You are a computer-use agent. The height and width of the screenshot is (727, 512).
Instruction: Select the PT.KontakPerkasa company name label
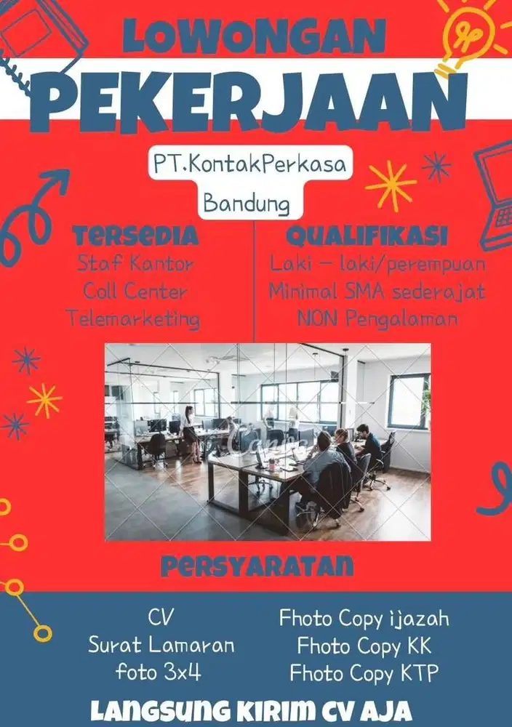247,165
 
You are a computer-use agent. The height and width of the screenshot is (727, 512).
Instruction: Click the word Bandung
247,201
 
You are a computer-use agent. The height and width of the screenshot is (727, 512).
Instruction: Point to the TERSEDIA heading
136,236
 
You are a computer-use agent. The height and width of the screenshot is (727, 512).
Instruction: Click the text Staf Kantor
136,263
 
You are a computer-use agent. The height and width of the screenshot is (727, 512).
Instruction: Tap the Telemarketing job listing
133,318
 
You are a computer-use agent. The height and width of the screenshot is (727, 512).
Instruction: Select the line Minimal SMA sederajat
377,292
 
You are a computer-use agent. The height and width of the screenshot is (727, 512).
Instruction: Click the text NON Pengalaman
377,318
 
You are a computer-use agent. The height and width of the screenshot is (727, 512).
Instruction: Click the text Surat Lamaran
161,645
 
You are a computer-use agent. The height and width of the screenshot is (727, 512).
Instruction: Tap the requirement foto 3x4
159,672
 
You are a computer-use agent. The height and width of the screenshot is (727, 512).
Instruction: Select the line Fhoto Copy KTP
364,673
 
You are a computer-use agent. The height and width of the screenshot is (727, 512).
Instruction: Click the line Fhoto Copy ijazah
364,619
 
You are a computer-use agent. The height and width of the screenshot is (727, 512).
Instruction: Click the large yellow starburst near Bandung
391,185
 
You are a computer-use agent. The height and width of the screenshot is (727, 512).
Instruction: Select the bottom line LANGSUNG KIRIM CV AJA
256,708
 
